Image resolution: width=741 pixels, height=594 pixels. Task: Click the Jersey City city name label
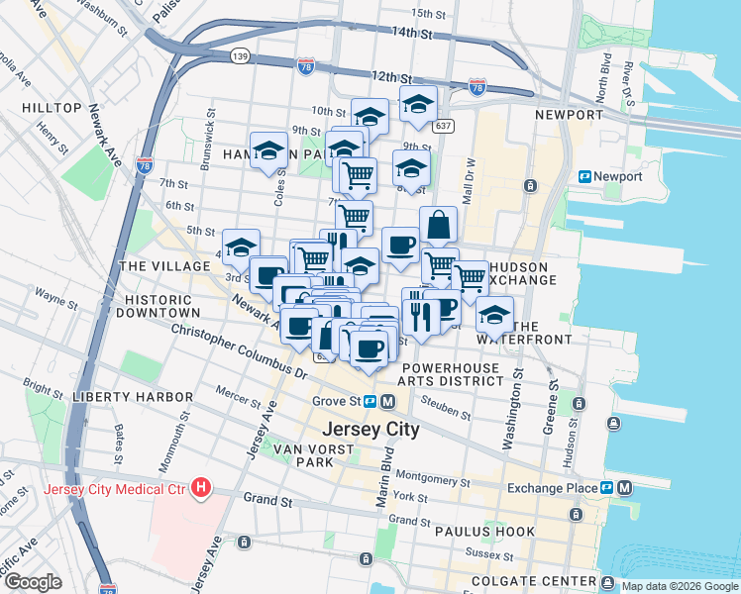pyautogui.click(x=370, y=431)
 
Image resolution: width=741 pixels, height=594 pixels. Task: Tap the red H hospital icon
pyautogui.click(x=202, y=487)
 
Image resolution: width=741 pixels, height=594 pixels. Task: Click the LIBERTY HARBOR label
pyautogui.click(x=133, y=397)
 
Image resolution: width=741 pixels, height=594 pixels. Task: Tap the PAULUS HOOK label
pyautogui.click(x=485, y=532)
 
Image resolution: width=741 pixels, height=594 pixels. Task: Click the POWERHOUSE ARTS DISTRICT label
pyautogui.click(x=451, y=372)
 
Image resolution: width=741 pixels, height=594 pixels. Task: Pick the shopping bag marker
pyautogui.click(x=439, y=226)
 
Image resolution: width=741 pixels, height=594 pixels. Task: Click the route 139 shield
pyautogui.click(x=240, y=55)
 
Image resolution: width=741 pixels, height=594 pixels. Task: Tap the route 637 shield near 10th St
pyautogui.click(x=443, y=126)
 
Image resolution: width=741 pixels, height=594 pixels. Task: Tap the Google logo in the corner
pyautogui.click(x=33, y=582)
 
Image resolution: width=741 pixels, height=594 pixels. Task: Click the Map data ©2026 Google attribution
pyautogui.click(x=680, y=586)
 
